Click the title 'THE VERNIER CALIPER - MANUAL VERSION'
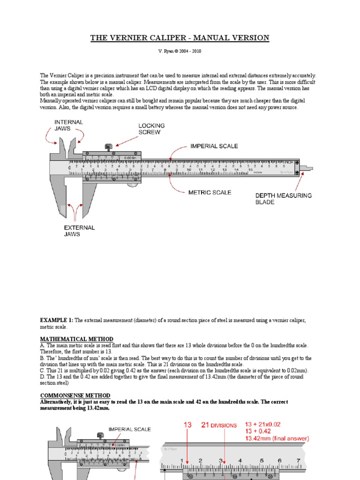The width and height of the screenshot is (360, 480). pyautogui.click(x=180, y=38)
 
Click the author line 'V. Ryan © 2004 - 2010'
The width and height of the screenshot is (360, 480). pyautogui.click(x=180, y=51)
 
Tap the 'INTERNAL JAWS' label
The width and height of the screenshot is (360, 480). pyautogui.click(x=69, y=126)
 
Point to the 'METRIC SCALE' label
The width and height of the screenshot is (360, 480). pyautogui.click(x=210, y=192)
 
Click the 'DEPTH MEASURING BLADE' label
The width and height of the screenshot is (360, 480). pyautogui.click(x=283, y=199)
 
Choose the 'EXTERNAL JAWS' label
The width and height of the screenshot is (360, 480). pyautogui.click(x=79, y=231)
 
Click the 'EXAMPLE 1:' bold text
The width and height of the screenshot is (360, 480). pyautogui.click(x=56, y=320)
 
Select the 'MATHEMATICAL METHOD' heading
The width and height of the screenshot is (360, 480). pyautogui.click(x=76, y=339)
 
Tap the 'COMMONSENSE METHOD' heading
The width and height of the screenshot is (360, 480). pyautogui.click(x=75, y=396)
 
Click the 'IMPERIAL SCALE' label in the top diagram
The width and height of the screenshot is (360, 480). pyautogui.click(x=214, y=146)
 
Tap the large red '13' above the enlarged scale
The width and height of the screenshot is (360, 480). pyautogui.click(x=188, y=425)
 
